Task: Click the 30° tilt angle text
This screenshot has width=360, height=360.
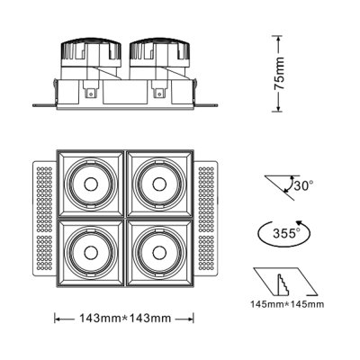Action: click(x=303, y=187)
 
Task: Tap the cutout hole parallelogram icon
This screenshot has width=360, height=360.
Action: click(x=286, y=281)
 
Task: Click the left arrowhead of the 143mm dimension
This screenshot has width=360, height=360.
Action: click(x=58, y=319)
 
